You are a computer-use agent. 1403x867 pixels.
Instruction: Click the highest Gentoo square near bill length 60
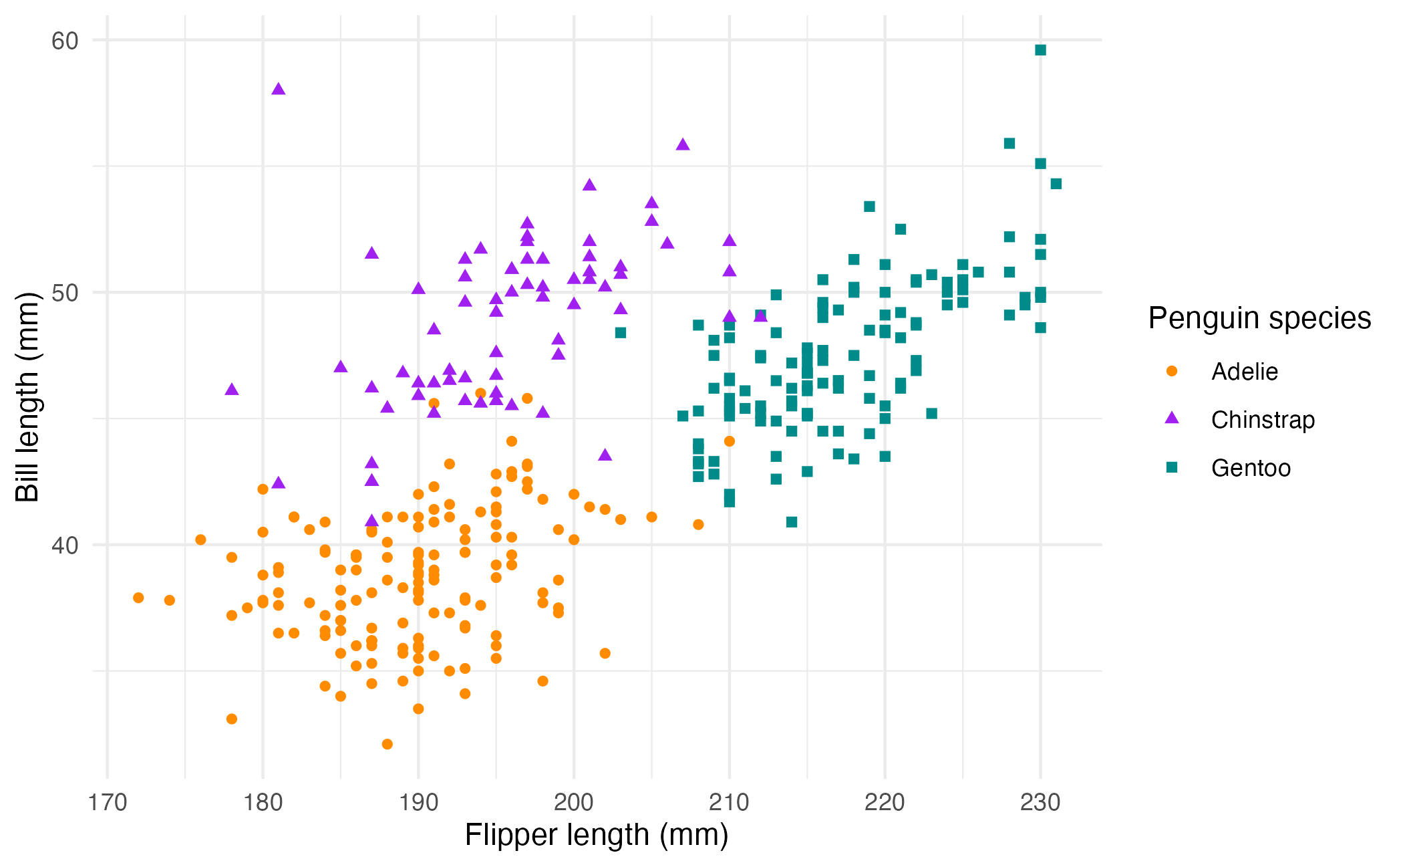click(x=1040, y=50)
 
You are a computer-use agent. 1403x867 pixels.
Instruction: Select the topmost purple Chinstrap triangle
click(x=279, y=89)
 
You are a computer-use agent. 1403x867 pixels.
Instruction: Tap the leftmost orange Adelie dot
click(x=138, y=598)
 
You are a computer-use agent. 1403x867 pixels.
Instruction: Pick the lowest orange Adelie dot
click(x=387, y=744)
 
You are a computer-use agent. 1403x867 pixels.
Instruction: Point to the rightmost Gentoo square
click(x=1056, y=184)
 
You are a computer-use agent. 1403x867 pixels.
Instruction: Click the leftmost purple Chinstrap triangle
click(x=232, y=389)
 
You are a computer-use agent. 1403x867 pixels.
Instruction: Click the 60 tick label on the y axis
click(x=65, y=41)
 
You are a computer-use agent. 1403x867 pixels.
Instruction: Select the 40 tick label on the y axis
click(x=65, y=545)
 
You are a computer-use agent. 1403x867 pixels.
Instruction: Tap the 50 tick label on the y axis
click(x=65, y=293)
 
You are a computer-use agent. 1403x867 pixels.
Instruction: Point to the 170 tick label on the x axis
click(x=108, y=802)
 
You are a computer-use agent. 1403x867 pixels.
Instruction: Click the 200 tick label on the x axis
click(x=574, y=802)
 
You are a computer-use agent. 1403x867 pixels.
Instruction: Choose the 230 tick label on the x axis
click(x=1040, y=802)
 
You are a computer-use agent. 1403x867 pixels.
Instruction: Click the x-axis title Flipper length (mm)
click(x=596, y=836)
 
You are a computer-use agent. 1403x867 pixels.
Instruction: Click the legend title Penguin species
click(x=1259, y=318)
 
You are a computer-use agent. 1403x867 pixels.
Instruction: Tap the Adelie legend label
click(x=1244, y=372)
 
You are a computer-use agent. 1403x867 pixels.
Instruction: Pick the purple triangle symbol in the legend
click(x=1172, y=418)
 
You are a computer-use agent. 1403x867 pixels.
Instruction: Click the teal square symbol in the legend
click(x=1172, y=467)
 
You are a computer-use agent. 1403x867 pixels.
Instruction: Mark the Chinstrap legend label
click(x=1263, y=420)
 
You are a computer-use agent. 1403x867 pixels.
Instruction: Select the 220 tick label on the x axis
click(x=885, y=802)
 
